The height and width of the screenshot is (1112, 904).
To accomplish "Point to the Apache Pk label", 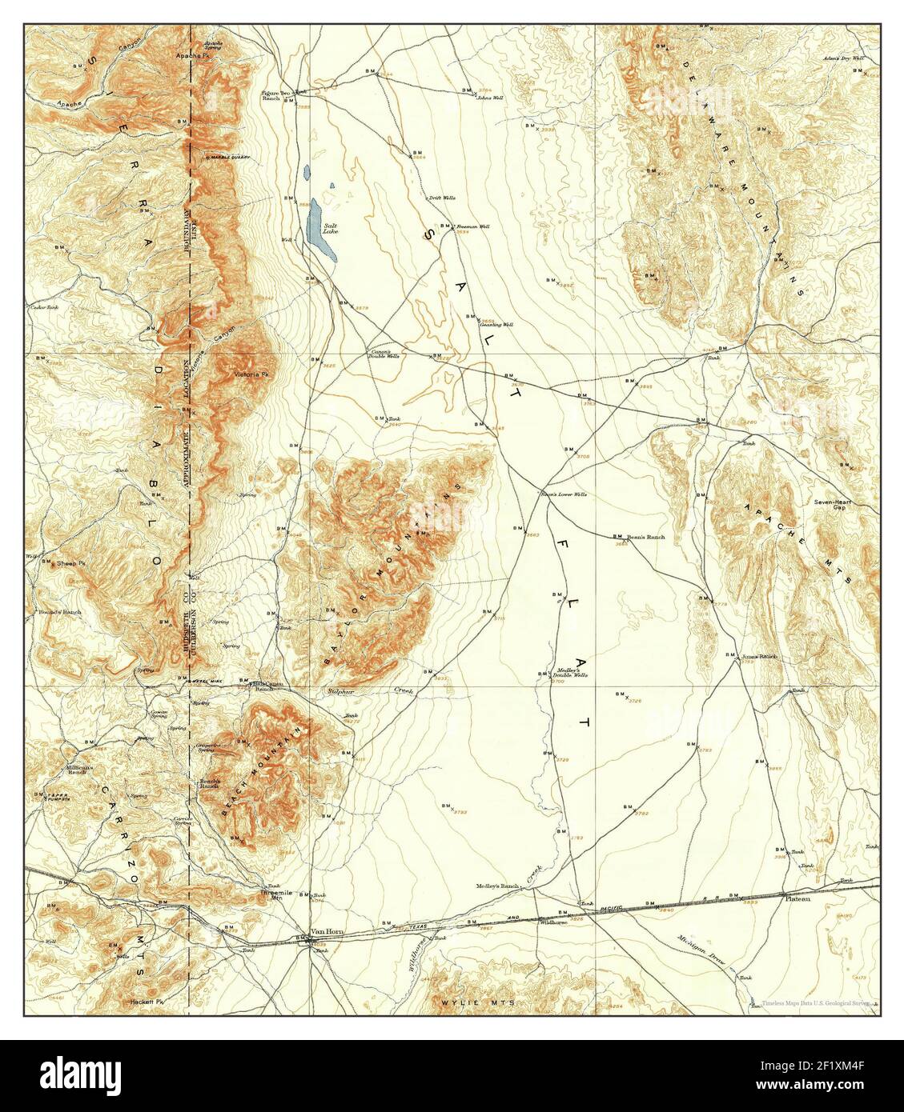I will pos(191,58).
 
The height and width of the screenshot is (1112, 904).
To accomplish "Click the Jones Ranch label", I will pos(760,656).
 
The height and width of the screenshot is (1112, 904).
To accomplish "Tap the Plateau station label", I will pos(798,898).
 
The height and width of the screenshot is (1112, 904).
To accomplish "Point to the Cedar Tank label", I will pos(44,306).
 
